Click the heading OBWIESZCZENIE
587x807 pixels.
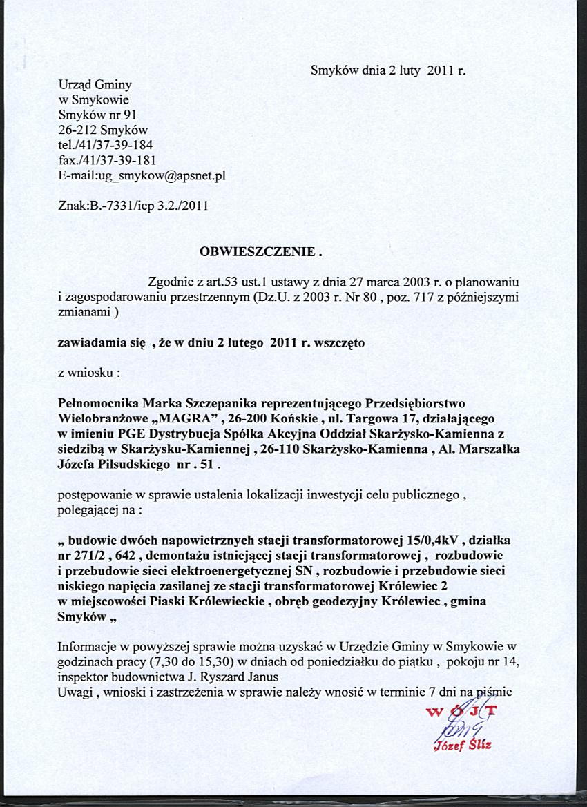(x=260, y=251)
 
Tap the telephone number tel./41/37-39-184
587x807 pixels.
(x=106, y=145)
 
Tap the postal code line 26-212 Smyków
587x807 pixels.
(x=104, y=130)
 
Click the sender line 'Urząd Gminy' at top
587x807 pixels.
(x=95, y=85)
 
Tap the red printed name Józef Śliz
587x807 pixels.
(x=463, y=746)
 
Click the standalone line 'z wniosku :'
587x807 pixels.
(x=90, y=373)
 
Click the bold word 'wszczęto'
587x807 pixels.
(x=345, y=342)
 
